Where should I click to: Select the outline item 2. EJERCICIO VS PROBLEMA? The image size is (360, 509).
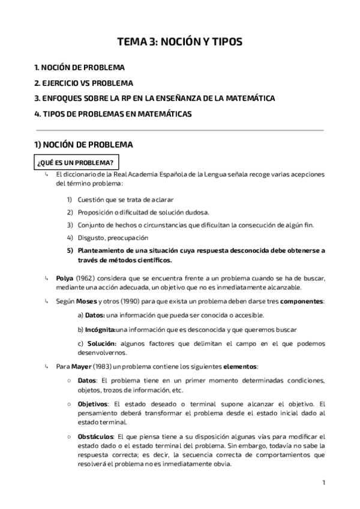(x=84, y=83)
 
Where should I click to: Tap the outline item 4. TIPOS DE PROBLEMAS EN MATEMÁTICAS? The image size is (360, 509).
(x=113, y=113)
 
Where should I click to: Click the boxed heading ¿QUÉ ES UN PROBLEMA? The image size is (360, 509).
(x=76, y=163)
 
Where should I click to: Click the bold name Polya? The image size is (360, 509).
(x=65, y=279)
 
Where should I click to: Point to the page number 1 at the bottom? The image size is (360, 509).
(x=323, y=483)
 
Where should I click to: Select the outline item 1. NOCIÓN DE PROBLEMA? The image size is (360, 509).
(x=80, y=68)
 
